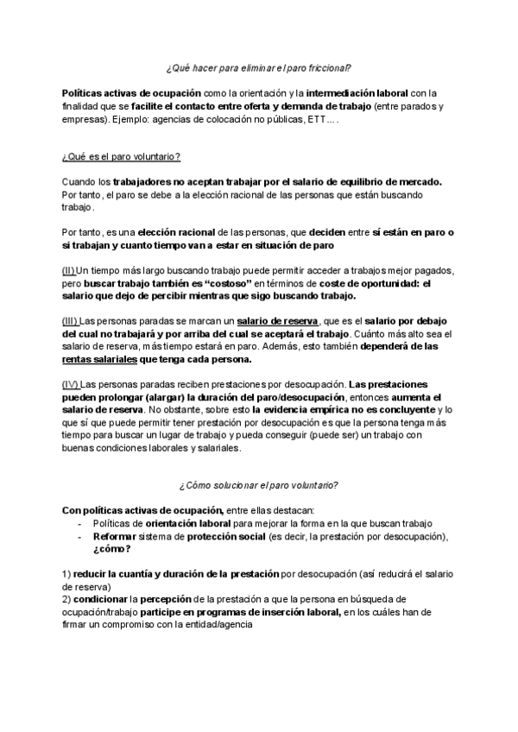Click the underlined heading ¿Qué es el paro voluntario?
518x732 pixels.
[120, 157]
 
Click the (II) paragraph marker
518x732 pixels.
[69, 271]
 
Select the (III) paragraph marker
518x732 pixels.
[71, 320]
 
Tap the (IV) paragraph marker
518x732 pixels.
[71, 382]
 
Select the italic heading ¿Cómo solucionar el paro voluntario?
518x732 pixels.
[258, 485]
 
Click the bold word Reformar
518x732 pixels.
[116, 537]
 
